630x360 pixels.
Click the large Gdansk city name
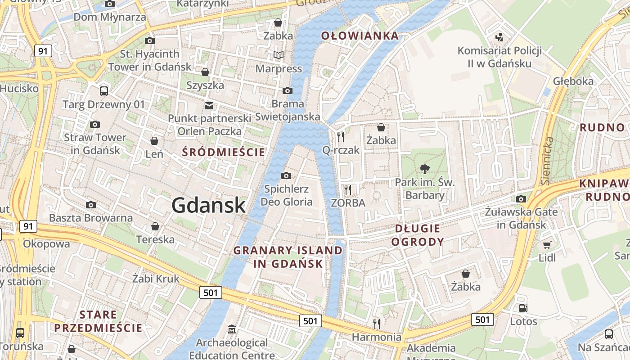tap(208, 206)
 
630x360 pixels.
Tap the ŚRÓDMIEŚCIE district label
tap(224, 152)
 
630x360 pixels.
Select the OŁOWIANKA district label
tap(360, 36)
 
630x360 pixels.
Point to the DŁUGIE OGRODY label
tap(417, 235)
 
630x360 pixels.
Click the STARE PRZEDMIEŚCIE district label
tap(98, 321)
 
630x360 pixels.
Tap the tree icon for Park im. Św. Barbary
tap(424, 170)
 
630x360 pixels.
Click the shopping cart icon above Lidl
tap(547, 245)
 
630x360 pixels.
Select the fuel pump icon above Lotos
tap(523, 309)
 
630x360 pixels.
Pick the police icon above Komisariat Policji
tap(499, 37)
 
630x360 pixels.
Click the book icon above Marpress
tap(279, 55)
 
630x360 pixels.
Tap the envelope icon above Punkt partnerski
tap(209, 106)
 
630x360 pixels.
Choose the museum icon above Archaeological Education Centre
tap(231, 329)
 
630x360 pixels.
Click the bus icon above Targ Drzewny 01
tap(104, 91)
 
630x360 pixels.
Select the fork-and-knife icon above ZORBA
tap(347, 189)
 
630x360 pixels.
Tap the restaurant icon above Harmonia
tap(377, 323)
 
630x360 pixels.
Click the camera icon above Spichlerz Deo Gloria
tap(286, 175)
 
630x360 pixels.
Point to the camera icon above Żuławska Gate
tap(521, 199)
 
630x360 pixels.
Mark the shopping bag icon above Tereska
tap(155, 226)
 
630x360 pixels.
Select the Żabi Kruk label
tap(156, 279)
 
